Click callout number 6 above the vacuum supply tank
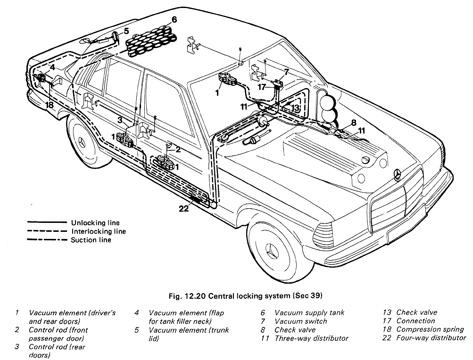(x=174, y=20)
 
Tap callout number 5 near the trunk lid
(x=126, y=32)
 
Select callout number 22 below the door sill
(x=183, y=208)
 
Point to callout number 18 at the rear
(x=50, y=105)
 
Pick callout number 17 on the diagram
(x=263, y=87)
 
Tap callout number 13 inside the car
(x=295, y=108)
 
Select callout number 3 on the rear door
(x=120, y=120)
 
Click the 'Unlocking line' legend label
(x=95, y=223)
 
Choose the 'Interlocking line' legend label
(x=98, y=231)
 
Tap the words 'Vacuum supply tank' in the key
(x=309, y=312)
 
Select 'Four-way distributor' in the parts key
(x=431, y=338)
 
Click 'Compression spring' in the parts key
(x=430, y=329)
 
